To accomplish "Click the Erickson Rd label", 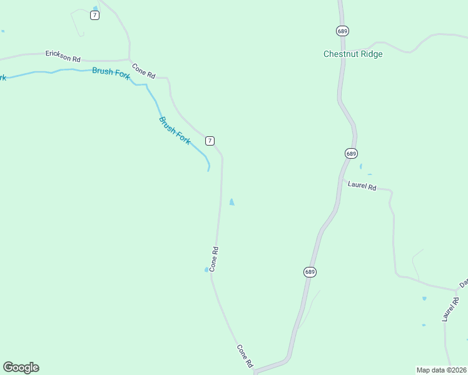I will click(63, 56).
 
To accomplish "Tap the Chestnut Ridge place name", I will click(353, 54).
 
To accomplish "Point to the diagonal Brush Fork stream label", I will click(175, 131).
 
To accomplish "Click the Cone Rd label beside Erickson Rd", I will click(143, 71).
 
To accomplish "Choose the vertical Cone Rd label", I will click(214, 259).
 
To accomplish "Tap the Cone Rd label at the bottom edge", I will click(245, 356).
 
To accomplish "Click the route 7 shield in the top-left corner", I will click(94, 15).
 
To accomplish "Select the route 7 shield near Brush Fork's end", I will click(210, 141).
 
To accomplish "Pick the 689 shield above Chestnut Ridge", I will click(342, 31).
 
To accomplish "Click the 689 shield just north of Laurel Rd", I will click(350, 153).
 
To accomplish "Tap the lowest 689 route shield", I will click(310, 272).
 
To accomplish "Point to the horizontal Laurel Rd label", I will click(362, 186).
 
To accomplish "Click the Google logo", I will click(21, 367).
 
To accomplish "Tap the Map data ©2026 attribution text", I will click(441, 370).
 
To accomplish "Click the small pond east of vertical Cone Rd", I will click(232, 202).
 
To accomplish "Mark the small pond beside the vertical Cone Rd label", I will click(206, 269).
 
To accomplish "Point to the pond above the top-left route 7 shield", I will click(95, 8).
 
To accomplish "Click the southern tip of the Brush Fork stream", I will click(208, 169).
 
